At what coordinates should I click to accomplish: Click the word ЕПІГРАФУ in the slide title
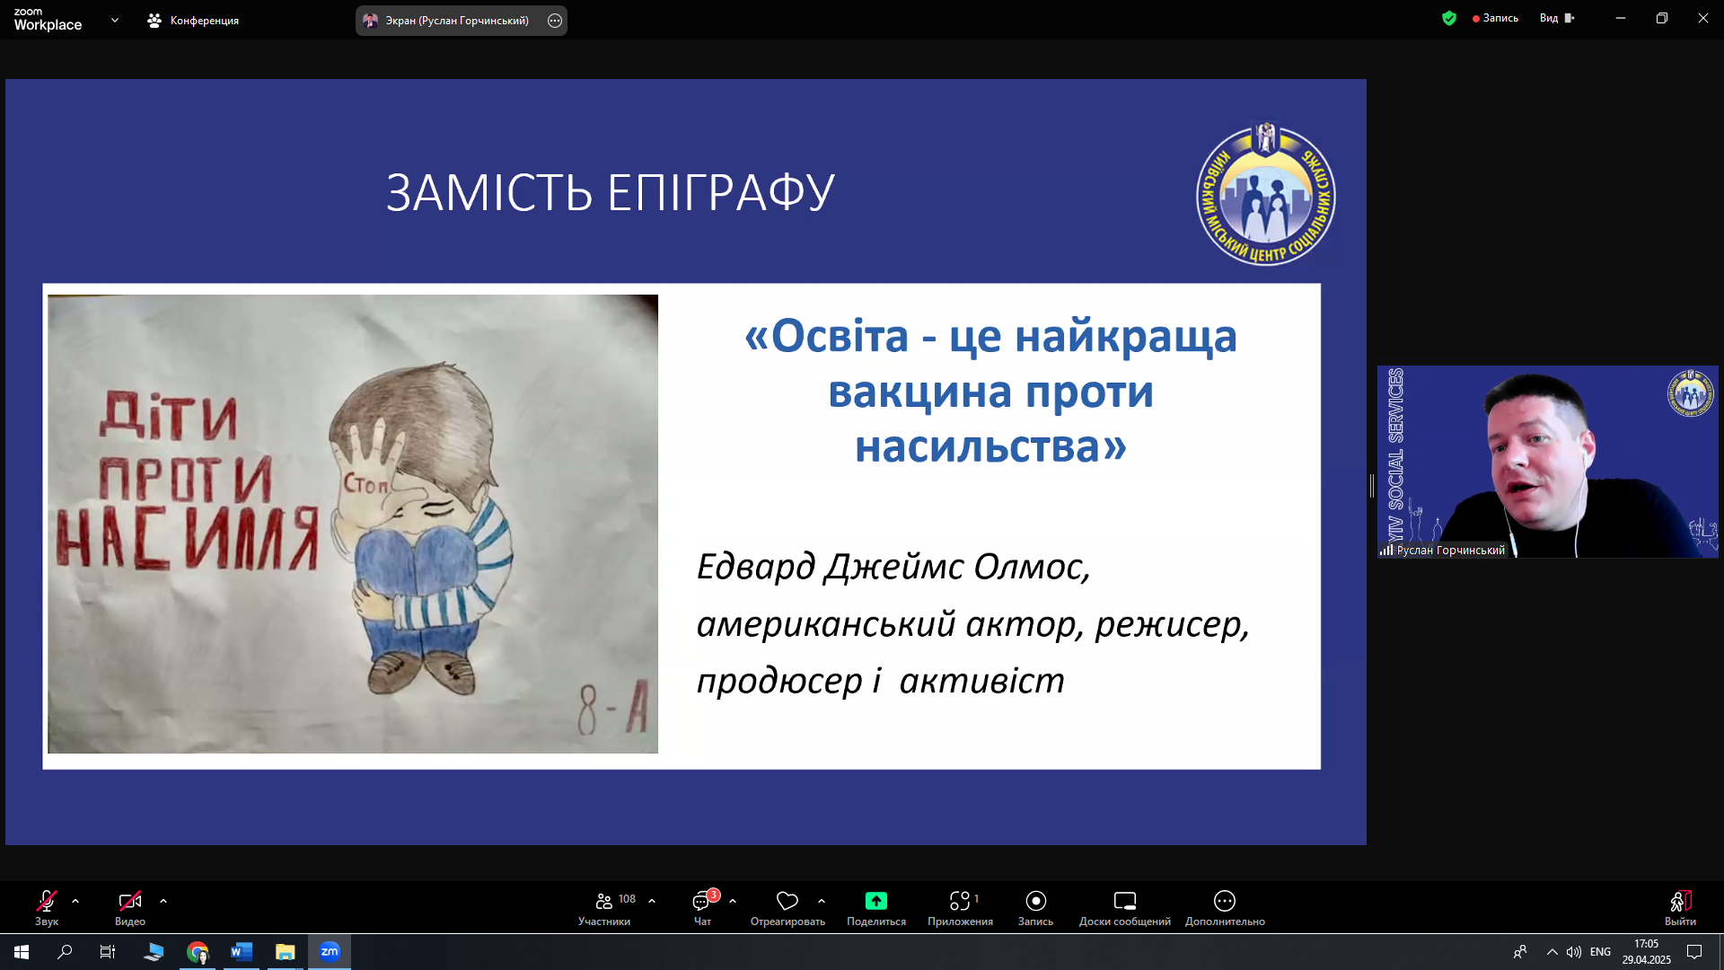coord(721,192)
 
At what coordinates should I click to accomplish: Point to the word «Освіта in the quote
coord(827,336)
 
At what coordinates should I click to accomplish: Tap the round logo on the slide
coord(1266,194)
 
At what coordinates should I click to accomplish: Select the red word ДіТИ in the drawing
coord(169,416)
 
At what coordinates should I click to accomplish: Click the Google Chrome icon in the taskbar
coord(198,952)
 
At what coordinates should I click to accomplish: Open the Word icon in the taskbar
coord(241,952)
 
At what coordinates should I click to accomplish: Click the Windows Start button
coord(22,952)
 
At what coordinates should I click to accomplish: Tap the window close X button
coord(1702,18)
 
